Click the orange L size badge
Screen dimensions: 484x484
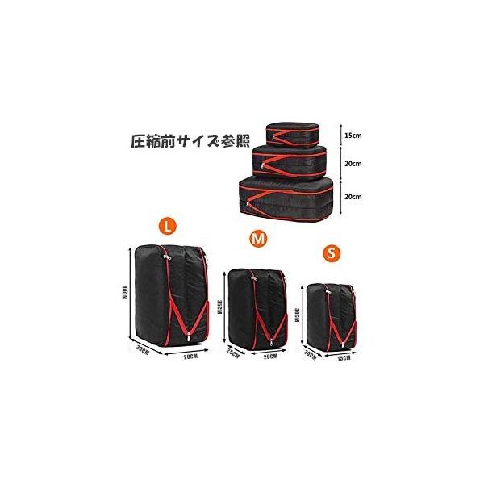click(165, 227)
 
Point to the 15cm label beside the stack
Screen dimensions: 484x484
click(353, 136)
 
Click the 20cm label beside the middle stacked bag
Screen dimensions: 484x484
click(353, 163)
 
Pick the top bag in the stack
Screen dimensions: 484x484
click(293, 134)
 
